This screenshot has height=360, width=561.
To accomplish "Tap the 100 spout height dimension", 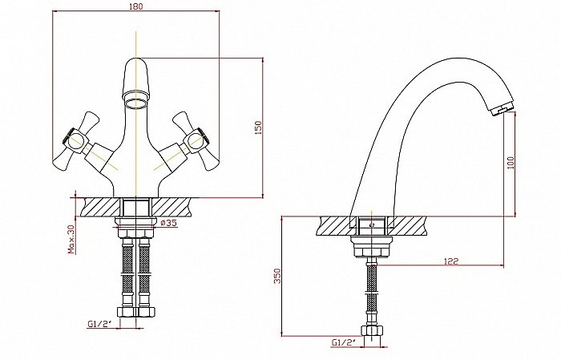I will click(x=511, y=162).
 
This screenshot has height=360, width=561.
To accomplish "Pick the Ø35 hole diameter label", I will click(x=169, y=224).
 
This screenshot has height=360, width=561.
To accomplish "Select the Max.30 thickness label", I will click(x=71, y=238).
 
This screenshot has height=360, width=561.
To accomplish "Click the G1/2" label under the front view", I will click(x=99, y=323).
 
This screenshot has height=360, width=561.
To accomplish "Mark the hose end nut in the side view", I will click(x=370, y=331).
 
